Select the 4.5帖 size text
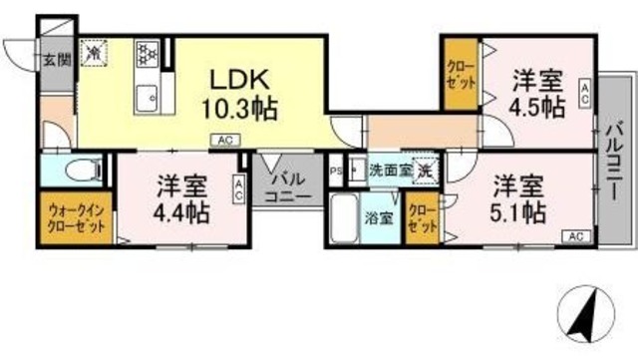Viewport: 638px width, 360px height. point(539,106)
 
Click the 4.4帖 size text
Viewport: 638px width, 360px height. point(182,211)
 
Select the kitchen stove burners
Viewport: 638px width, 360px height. point(147,53)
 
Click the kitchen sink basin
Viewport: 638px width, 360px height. point(147,98)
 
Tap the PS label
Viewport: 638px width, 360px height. point(336,171)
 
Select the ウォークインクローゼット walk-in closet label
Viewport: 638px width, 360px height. point(76,216)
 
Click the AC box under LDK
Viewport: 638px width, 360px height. point(224,141)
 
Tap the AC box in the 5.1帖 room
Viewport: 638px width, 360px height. point(575,235)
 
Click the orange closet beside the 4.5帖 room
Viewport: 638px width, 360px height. point(461,75)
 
